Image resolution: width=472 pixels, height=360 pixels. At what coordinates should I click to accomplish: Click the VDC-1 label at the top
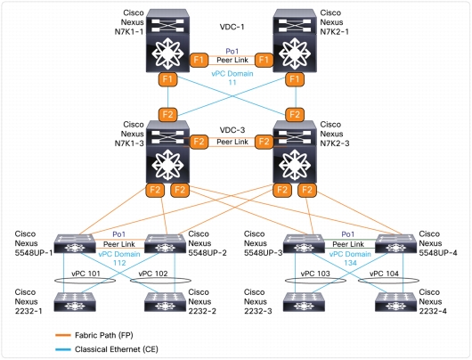pyautogui.click(x=232, y=27)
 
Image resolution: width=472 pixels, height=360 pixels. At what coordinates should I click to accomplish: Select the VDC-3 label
pyautogui.click(x=232, y=130)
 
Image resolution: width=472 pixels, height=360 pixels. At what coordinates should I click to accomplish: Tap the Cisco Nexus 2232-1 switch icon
pyautogui.click(x=75, y=302)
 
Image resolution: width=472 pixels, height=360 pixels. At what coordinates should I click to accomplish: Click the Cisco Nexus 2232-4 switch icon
pyautogui.click(x=395, y=302)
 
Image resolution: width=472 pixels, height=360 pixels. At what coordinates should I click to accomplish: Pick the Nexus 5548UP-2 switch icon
pyautogui.click(x=166, y=244)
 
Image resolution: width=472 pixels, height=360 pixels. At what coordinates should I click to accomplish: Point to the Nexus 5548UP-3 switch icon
pyautogui.click(x=304, y=244)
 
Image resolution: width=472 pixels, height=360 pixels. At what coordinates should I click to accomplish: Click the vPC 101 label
pyautogui.click(x=85, y=274)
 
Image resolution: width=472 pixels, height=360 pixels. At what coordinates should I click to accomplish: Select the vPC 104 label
pyautogui.click(x=384, y=274)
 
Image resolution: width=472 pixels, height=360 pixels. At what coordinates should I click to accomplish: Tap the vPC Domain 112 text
pyautogui.click(x=119, y=258)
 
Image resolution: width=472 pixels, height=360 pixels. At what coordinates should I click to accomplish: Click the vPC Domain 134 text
pyautogui.click(x=350, y=258)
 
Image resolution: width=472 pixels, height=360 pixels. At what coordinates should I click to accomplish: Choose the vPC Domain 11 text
pyautogui.click(x=232, y=78)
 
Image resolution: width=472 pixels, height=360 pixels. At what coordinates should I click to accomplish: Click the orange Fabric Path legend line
pyautogui.click(x=63, y=335)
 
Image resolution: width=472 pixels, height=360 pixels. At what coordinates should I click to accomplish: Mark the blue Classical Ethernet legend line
pyautogui.click(x=63, y=349)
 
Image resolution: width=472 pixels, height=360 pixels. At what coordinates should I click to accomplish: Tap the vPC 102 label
pyautogui.click(x=153, y=274)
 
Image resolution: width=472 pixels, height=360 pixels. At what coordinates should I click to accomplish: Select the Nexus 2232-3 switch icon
pyautogui.click(x=304, y=302)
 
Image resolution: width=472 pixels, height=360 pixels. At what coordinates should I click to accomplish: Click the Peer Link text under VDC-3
pyautogui.click(x=232, y=142)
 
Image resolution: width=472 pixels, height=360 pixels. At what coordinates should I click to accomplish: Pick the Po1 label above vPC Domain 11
pyautogui.click(x=232, y=51)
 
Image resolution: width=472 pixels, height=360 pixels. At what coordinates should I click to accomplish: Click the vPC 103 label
pyautogui.click(x=315, y=274)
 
